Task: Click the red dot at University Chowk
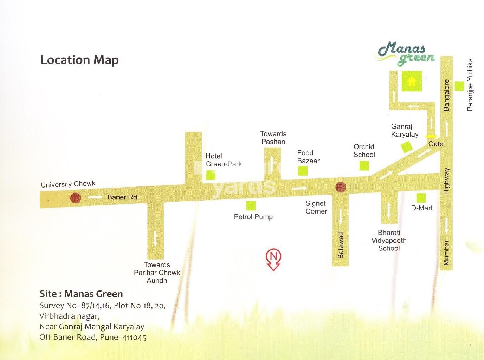75,198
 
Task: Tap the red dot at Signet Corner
340,187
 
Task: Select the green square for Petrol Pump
251,205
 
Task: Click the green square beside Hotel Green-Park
211,175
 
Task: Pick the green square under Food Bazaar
303,171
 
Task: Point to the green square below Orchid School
364,165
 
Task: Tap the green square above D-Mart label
421,198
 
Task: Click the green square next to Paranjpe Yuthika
459,86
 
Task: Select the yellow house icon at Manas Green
412,81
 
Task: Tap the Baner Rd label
122,197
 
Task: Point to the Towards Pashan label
273,138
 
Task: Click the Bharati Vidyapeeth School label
389,241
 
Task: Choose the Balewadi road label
341,244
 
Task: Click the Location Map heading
80,60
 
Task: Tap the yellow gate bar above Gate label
431,136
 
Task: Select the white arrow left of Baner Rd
95,197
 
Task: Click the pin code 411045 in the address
134,338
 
